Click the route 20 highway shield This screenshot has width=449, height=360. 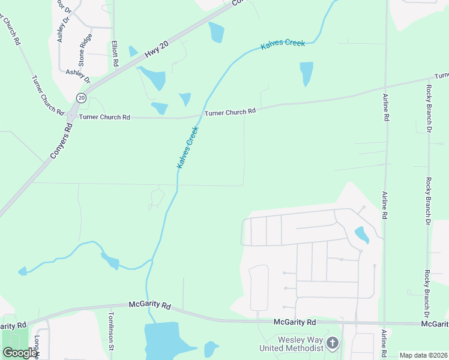[x=82, y=97]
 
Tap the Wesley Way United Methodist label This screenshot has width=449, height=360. [x=291, y=344]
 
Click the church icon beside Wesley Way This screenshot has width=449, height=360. [x=333, y=343]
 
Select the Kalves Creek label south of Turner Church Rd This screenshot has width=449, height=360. [x=187, y=147]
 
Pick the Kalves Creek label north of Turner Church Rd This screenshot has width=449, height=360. [x=283, y=45]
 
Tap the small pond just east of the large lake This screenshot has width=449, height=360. [x=211, y=348]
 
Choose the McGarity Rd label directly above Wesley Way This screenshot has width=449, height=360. [x=294, y=322]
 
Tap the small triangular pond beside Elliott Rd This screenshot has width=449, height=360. [x=133, y=52]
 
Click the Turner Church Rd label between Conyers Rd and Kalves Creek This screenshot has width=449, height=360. [x=100, y=117]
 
